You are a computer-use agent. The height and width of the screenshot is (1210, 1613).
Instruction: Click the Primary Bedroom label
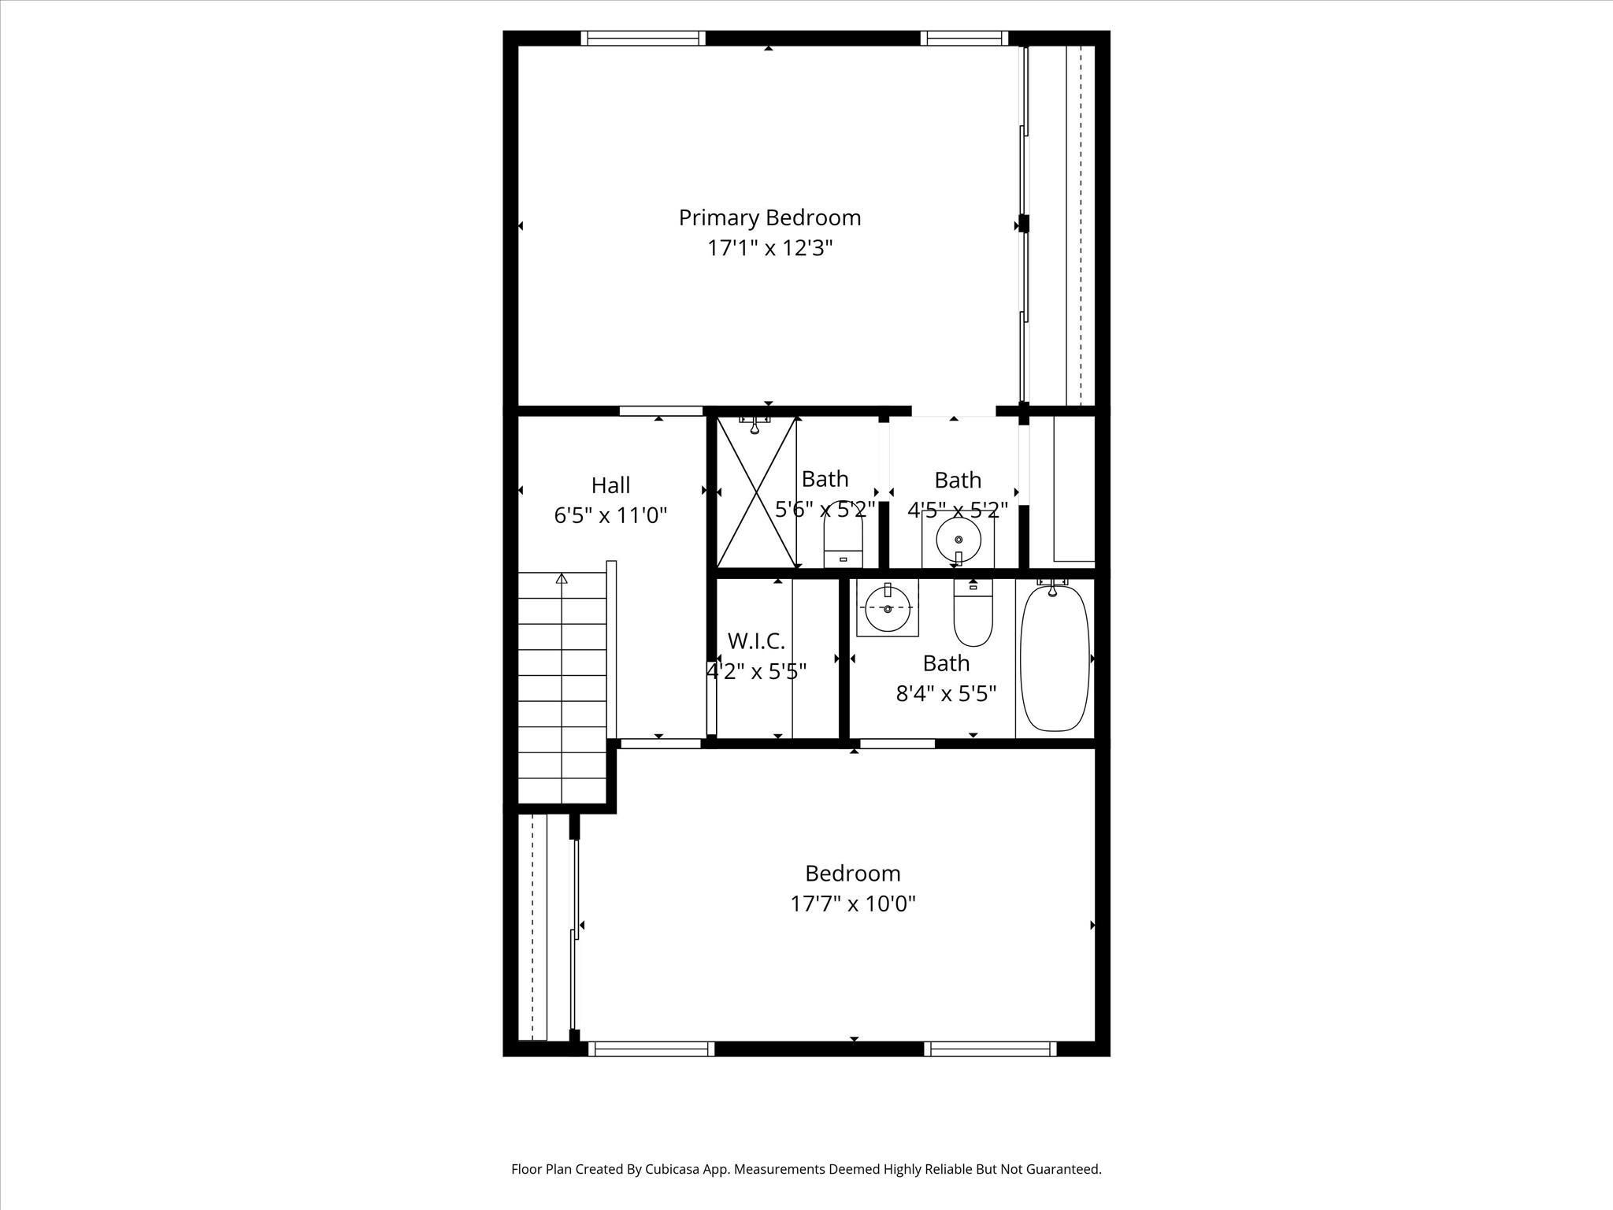(769, 218)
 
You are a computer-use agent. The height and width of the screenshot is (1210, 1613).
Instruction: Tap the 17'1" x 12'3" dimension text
(769, 248)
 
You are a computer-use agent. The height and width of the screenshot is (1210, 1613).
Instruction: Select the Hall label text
(610, 484)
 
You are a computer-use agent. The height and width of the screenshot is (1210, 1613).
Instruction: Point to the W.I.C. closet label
(756, 640)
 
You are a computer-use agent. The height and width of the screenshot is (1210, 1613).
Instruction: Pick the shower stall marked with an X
(756, 492)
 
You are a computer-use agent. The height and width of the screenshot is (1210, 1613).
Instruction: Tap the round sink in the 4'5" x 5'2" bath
(959, 540)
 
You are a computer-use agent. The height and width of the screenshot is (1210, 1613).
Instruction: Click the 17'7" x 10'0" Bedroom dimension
(853, 903)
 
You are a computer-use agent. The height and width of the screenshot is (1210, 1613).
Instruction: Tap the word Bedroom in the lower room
(853, 873)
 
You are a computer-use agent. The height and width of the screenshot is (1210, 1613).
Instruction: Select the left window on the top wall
(643, 39)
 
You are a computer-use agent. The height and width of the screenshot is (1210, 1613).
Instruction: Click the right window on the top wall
(964, 39)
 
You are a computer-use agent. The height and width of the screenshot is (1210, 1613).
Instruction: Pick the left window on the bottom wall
(651, 1049)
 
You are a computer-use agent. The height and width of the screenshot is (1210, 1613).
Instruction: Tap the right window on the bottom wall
(990, 1049)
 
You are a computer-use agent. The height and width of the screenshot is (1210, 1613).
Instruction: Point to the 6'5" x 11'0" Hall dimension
(610, 515)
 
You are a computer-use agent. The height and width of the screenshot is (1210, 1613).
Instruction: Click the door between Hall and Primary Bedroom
(661, 410)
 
